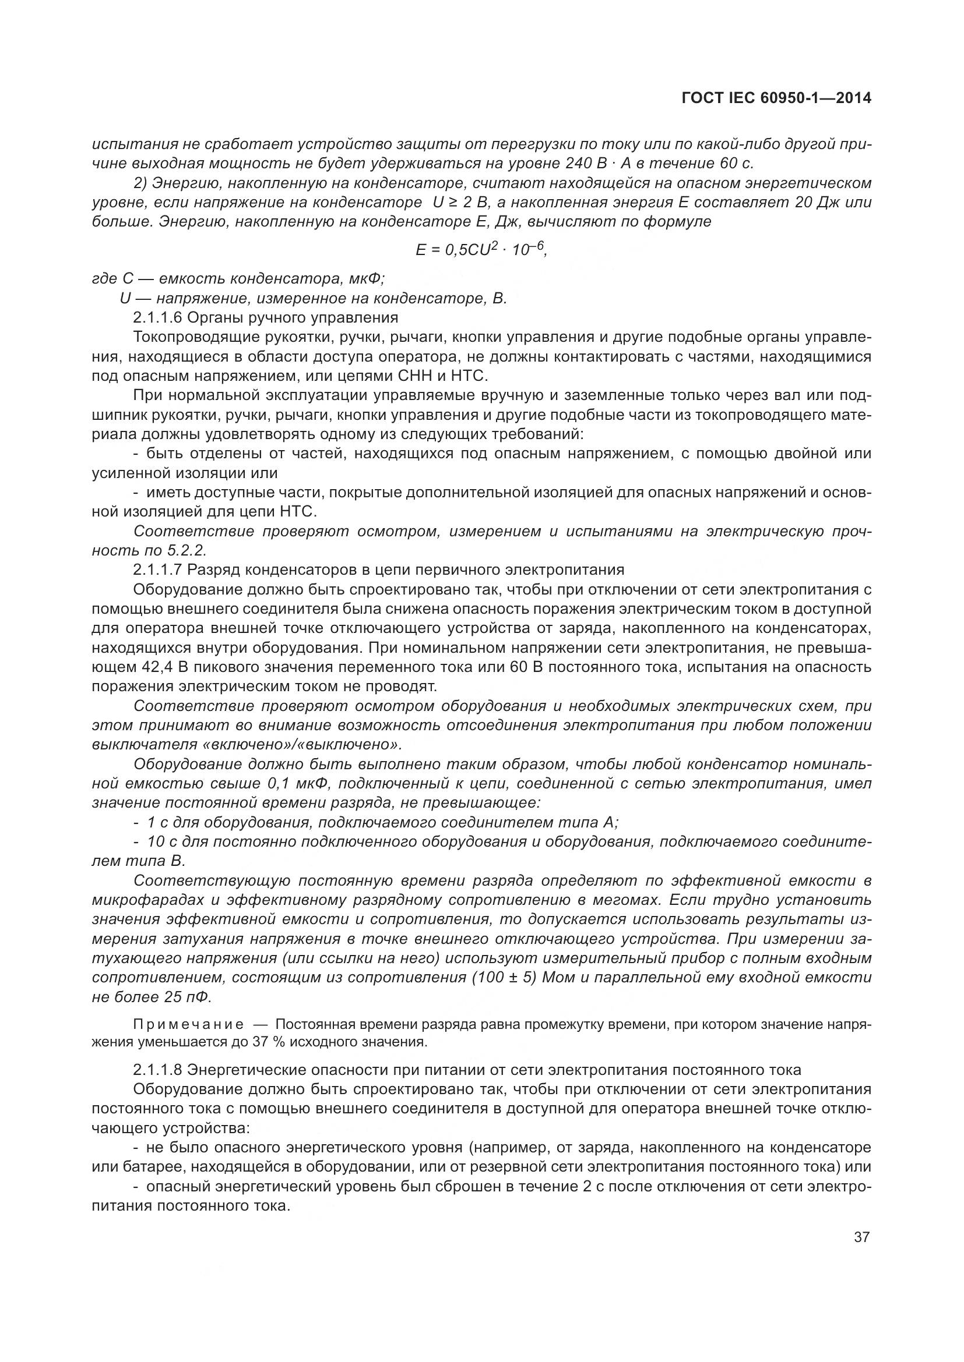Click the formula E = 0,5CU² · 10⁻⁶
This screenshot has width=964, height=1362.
tap(480, 250)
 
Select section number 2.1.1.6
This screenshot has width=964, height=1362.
tap(157, 317)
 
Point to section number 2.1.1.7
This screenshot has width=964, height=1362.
tap(157, 570)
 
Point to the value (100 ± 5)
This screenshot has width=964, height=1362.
tap(504, 977)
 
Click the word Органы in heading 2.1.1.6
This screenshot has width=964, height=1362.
tap(211, 317)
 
